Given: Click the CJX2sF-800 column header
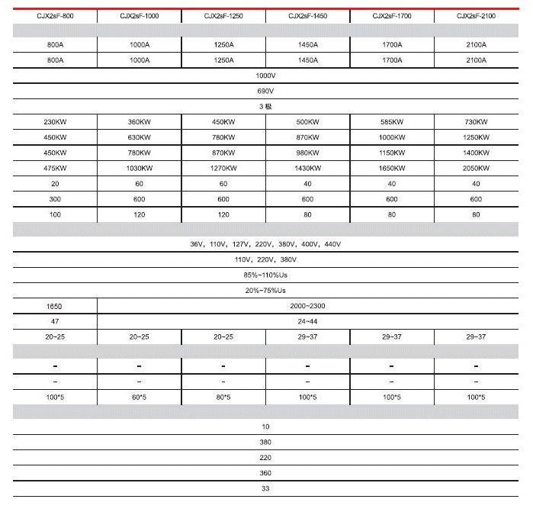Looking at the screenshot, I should [x=55, y=15].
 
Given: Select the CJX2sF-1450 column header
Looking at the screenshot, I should [x=307, y=15].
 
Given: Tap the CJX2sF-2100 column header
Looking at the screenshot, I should [x=476, y=15].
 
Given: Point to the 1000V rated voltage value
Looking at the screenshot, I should [x=265, y=76].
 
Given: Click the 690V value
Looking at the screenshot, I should [x=265, y=91].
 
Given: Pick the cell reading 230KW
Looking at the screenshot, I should [x=55, y=122].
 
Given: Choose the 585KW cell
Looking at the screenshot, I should [x=392, y=122].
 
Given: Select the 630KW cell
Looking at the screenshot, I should [x=140, y=137].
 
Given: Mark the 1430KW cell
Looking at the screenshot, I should [x=307, y=168].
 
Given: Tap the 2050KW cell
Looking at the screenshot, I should [x=476, y=168].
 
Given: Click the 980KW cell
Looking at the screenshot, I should [x=307, y=153].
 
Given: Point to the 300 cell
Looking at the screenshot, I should [x=55, y=199].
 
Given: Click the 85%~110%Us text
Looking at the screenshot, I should [x=265, y=275].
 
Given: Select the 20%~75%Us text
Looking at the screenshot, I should [x=265, y=291].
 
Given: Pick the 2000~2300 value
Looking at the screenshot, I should [x=307, y=306].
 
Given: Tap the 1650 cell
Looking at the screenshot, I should [x=55, y=306].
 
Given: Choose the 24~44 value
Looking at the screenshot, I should [x=307, y=321].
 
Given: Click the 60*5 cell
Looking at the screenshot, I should [x=140, y=397].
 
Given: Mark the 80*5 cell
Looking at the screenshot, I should [x=223, y=397].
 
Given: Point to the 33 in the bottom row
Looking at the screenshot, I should [x=265, y=488].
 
